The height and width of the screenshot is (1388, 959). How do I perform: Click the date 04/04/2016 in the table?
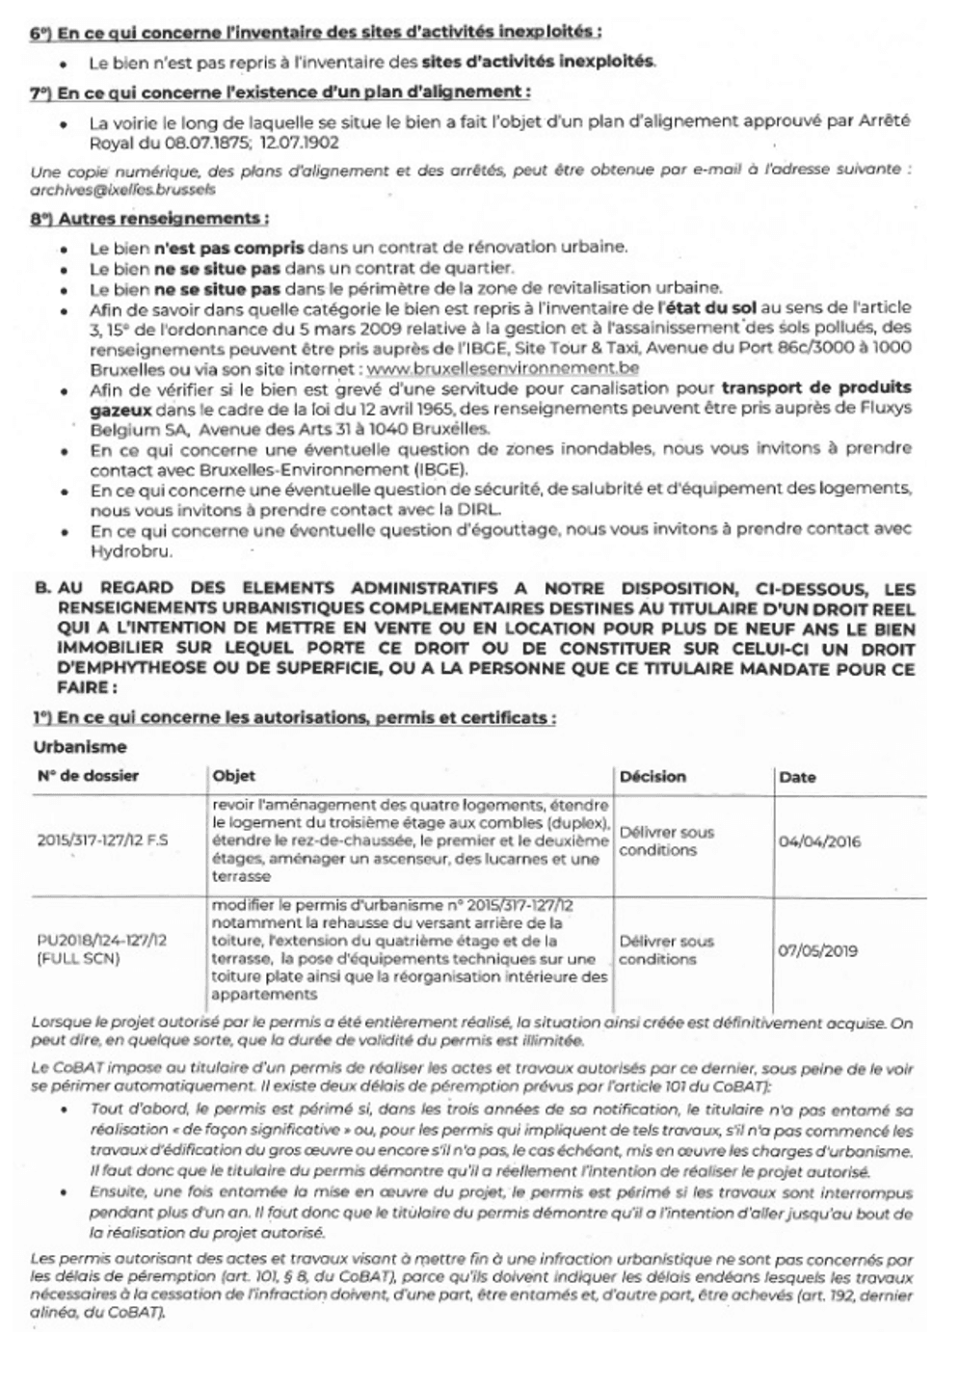818,841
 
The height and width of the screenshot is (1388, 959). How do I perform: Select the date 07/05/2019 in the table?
817,950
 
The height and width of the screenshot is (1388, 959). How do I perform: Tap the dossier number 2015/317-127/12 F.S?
102,841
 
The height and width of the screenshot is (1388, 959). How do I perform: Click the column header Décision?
653,776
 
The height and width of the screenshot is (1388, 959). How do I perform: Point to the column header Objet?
233,776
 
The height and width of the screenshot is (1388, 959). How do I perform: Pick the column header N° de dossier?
88,776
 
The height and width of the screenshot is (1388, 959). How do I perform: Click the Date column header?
796,777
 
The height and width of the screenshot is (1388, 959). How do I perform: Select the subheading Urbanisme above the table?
79,747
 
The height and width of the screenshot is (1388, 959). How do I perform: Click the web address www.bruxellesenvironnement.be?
502,367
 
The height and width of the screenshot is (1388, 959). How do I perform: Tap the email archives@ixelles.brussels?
122,190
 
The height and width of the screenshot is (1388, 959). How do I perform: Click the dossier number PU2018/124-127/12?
101,940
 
